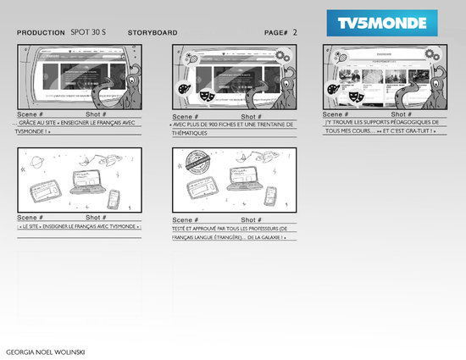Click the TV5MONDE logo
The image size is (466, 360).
pyautogui.click(x=382, y=20)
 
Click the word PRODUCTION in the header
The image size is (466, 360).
pyautogui.click(x=41, y=33)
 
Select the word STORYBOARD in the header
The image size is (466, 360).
pyautogui.click(x=153, y=33)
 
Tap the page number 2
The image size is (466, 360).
pyautogui.click(x=295, y=32)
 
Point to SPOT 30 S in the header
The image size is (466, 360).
pyautogui.click(x=89, y=32)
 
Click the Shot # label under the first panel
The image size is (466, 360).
pyautogui.click(x=97, y=114)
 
